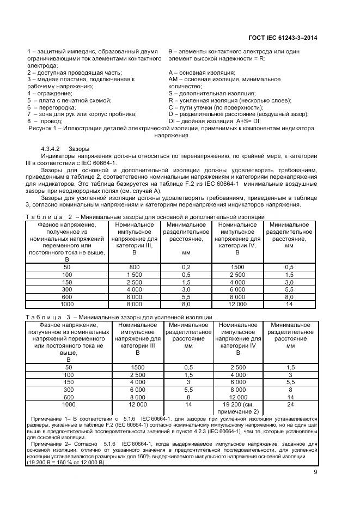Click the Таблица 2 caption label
(x=48, y=217)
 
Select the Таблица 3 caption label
(x=48, y=318)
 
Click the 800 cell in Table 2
(x=135, y=267)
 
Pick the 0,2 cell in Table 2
(x=186, y=267)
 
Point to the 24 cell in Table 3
(x=290, y=405)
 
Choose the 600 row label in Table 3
(x=69, y=398)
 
